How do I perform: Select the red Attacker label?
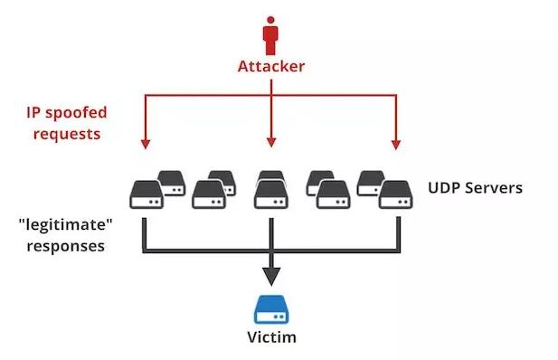[x=270, y=66]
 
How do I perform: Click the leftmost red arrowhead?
[x=143, y=142]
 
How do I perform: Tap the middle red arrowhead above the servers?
[x=270, y=142]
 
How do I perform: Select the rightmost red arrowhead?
[x=396, y=142]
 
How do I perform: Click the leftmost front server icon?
[x=146, y=193]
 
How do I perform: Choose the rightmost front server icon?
[x=396, y=193]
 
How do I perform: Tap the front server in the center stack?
[x=270, y=194]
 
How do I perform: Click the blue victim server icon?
[x=270, y=307]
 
